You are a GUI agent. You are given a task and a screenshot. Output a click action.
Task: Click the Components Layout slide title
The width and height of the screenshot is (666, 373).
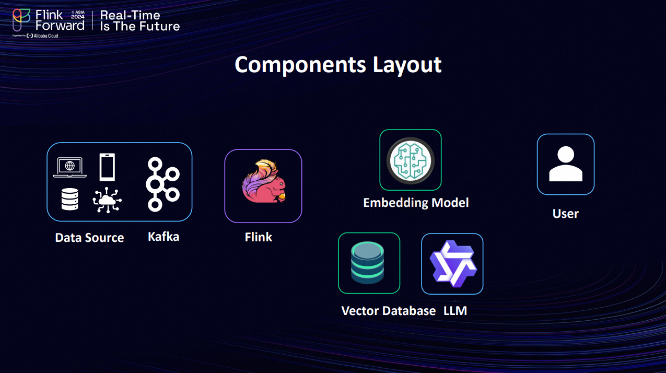click(338, 65)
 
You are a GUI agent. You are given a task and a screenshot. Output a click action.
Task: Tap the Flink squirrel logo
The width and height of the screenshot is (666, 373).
click(263, 182)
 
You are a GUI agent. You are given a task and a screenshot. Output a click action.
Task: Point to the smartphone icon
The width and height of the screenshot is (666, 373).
click(107, 167)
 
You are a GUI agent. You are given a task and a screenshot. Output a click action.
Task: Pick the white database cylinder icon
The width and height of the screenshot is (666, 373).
click(69, 200)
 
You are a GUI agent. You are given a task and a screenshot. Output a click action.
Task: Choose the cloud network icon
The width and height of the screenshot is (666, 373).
click(107, 200)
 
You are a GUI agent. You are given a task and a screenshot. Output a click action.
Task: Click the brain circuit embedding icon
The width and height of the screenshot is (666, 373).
click(411, 160)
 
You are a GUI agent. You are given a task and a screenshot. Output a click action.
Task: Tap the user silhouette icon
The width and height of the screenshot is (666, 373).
click(566, 164)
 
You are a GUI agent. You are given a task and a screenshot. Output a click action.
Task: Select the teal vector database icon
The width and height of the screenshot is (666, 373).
click(369, 263)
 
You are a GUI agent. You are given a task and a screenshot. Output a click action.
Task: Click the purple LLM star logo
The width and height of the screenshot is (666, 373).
click(452, 263)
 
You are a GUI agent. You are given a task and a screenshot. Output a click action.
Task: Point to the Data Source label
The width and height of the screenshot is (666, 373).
click(89, 238)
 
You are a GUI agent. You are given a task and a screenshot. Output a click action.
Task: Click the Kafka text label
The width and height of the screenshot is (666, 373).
click(163, 237)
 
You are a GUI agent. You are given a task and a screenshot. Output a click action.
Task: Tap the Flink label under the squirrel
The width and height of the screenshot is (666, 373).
click(259, 237)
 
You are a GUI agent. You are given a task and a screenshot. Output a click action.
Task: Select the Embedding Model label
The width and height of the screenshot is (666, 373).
click(416, 203)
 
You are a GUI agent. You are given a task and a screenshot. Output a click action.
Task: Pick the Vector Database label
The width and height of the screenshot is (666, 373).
click(388, 311)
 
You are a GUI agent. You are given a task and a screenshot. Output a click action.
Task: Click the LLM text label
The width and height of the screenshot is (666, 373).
click(455, 311)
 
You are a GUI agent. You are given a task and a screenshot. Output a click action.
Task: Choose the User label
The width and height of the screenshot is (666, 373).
click(566, 214)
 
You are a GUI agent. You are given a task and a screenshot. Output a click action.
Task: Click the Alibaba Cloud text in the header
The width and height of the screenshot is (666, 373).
click(46, 36)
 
